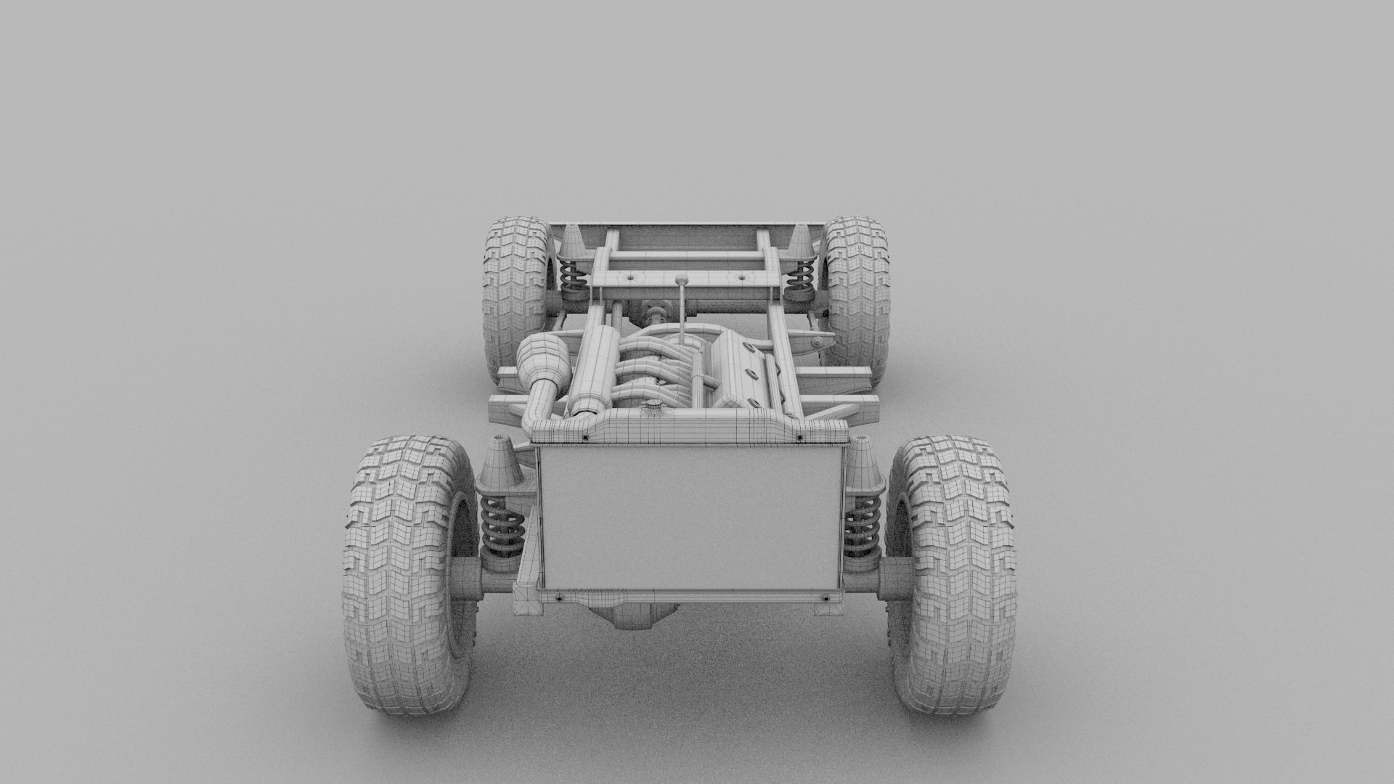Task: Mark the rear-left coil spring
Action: pyautogui.click(x=574, y=276)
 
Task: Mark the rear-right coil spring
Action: pyautogui.click(x=802, y=276)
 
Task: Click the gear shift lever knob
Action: pyautogui.click(x=681, y=279)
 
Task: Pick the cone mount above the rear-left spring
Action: pyautogui.click(x=571, y=240)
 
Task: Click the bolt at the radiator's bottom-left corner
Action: pyautogui.click(x=559, y=598)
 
